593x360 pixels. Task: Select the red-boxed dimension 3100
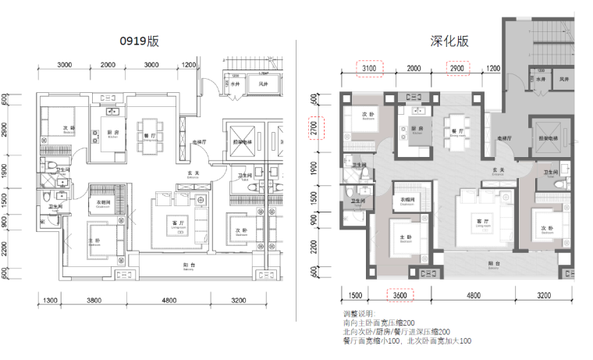[369, 69]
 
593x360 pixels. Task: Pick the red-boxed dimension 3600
[399, 295]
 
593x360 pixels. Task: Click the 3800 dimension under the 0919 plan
[95, 300]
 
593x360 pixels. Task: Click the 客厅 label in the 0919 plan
[178, 223]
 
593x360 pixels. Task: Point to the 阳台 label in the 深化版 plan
[493, 264]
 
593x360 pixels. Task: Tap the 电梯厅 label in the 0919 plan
[199, 142]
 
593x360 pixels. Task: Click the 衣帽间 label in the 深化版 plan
[407, 198]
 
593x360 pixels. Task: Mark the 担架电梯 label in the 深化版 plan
[551, 137]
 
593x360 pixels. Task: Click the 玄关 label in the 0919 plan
[190, 173]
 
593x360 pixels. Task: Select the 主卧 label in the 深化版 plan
[405, 237]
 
